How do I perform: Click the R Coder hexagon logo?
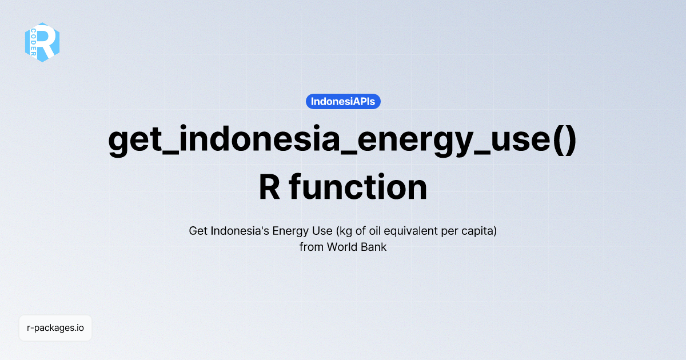(42, 42)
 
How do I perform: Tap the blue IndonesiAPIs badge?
(343, 102)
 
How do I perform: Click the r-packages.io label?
(55, 328)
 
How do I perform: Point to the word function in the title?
(358, 187)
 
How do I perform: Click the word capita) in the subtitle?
(480, 231)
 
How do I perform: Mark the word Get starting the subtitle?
(198, 231)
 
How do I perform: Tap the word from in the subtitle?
(311, 247)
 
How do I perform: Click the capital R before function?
(269, 187)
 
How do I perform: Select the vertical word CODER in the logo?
(34, 42)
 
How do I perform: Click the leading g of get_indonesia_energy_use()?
(119, 142)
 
